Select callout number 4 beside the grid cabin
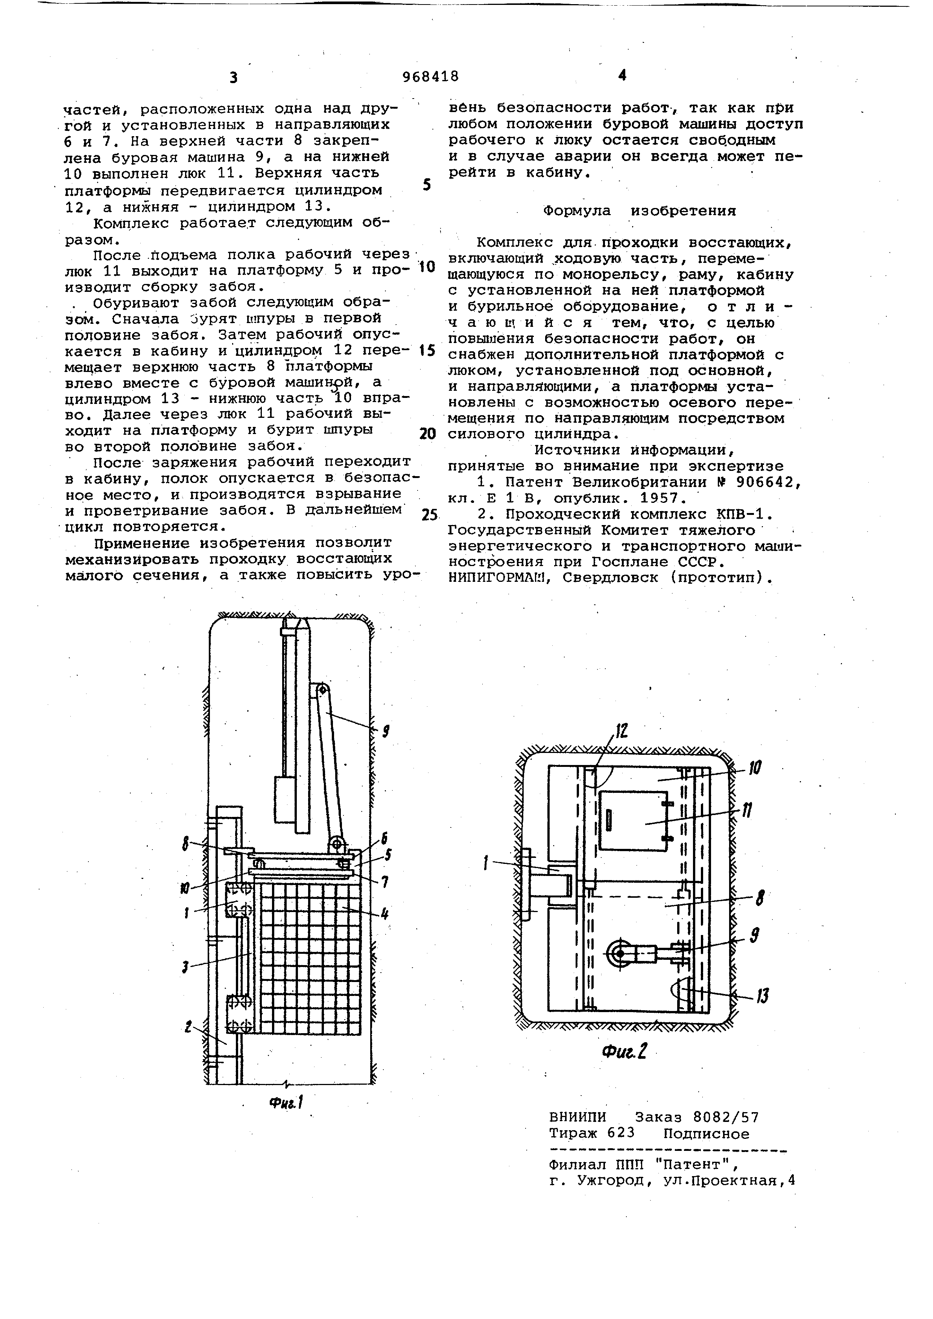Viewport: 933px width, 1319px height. pyautogui.click(x=385, y=912)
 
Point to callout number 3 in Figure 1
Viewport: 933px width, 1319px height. pyautogui.click(x=185, y=967)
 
